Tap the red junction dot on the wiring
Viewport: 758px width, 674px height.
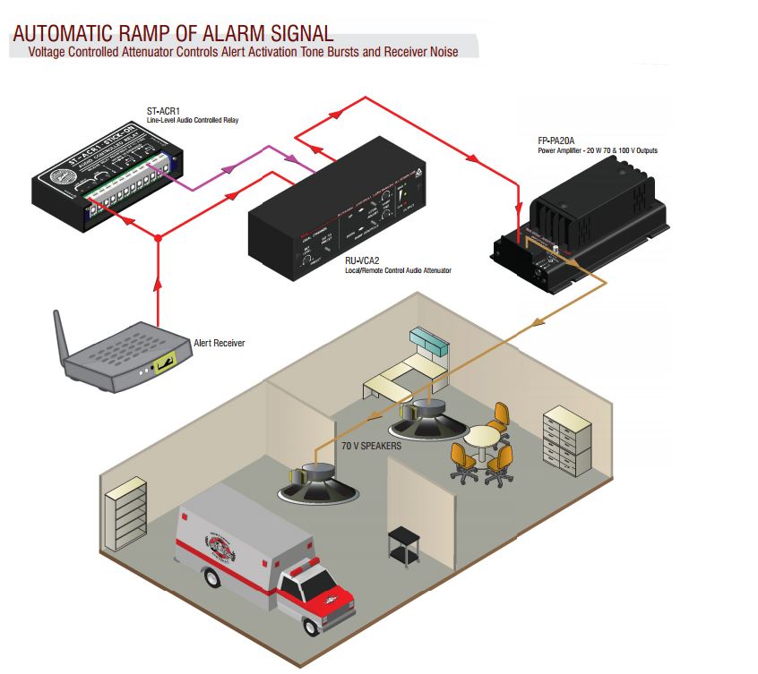pyautogui.click(x=158, y=238)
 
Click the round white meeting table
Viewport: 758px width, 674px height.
pyautogui.click(x=483, y=439)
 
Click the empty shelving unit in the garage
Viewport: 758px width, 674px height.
pyautogui.click(x=125, y=516)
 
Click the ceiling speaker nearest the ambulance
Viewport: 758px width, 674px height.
pyautogui.click(x=321, y=483)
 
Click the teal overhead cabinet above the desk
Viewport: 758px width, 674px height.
pyautogui.click(x=430, y=341)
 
